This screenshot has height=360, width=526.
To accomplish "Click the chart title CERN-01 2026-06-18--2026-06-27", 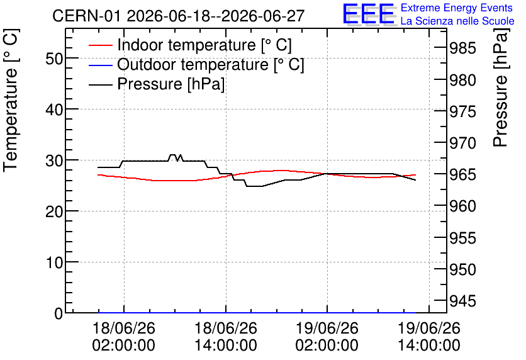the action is click(x=179, y=16).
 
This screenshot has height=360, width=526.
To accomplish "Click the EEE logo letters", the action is click(x=368, y=14).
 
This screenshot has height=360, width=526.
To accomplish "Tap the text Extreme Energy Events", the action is click(x=457, y=8).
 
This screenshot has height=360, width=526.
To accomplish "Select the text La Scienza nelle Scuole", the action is click(x=457, y=21).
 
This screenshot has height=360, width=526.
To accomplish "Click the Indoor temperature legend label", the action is click(x=204, y=45).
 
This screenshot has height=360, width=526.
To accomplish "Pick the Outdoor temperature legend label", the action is click(x=211, y=64).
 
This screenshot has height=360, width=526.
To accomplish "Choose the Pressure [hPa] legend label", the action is click(x=171, y=84).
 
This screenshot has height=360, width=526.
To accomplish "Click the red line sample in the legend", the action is click(x=100, y=45).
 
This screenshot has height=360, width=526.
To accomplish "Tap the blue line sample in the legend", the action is click(x=100, y=64).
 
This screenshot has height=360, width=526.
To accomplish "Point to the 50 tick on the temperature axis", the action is click(x=53, y=59).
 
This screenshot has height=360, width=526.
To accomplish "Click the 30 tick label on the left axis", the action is click(x=53, y=160).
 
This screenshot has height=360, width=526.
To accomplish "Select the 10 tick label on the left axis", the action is click(x=53, y=262).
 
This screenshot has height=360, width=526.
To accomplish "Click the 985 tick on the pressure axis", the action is click(x=462, y=48).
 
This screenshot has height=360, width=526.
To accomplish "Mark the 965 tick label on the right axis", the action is click(x=462, y=174).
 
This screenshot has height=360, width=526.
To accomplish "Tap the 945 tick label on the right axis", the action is click(x=462, y=301).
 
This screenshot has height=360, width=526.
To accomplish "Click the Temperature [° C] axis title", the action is click(x=11, y=101).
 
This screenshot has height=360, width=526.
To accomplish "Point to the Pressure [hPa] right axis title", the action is click(x=501, y=87).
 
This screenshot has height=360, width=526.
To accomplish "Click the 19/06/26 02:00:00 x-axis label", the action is click(x=327, y=337).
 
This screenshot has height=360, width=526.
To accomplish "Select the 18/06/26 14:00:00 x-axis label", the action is click(x=226, y=337).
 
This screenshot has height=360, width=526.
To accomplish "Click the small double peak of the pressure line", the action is click(x=176, y=157).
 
